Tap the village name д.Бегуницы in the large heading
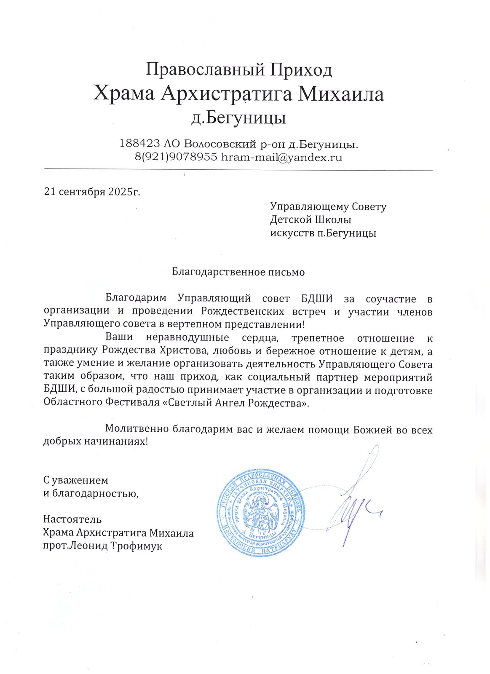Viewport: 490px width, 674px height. pos(238,118)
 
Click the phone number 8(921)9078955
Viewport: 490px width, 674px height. pos(176,158)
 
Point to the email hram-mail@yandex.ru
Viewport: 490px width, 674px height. pos(281,158)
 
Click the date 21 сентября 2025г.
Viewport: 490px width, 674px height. pos(92,192)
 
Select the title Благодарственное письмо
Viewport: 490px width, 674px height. pos(238,272)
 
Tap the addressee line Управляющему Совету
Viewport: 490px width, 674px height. pos(328,207)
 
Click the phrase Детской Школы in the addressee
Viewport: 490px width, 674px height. pos(311,220)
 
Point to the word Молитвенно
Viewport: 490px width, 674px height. pos(137,429)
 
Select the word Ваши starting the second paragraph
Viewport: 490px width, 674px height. pos(119,338)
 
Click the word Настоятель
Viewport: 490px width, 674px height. pos(72,519)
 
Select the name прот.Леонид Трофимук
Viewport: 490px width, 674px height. pos(102,546)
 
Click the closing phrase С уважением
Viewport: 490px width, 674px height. pos(75,480)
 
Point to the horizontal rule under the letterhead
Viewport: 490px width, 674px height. pos(238,170)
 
